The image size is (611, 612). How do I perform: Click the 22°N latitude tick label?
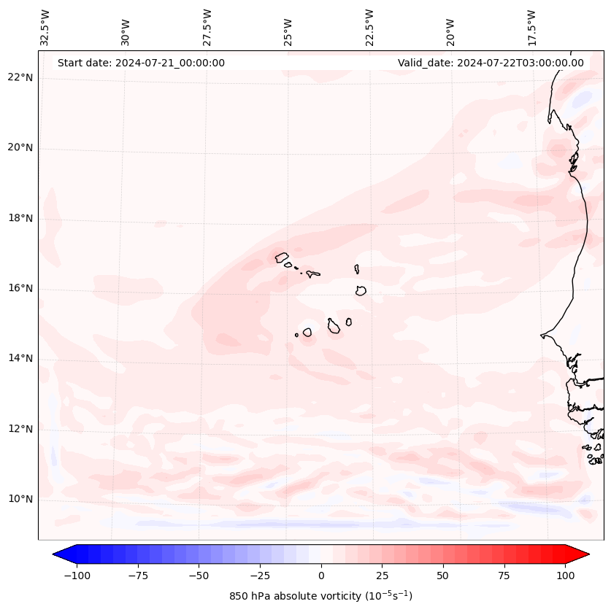pyautogui.click(x=20, y=78)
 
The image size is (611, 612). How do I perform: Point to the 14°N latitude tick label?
pyautogui.click(x=20, y=358)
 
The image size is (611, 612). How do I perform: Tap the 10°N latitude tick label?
pyautogui.click(x=20, y=499)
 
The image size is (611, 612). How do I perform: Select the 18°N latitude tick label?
pyautogui.click(x=20, y=218)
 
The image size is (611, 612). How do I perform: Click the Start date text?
pyautogui.click(x=141, y=63)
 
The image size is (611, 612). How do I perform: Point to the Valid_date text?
pyautogui.click(x=491, y=63)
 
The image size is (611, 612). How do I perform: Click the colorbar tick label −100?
pyautogui.click(x=77, y=576)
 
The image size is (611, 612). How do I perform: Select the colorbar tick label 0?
pyautogui.click(x=321, y=576)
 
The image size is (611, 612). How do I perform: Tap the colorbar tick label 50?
pyautogui.click(x=443, y=576)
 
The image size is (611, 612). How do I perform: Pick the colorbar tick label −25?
pyautogui.click(x=260, y=576)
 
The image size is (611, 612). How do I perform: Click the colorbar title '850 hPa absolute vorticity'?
pyautogui.click(x=320, y=596)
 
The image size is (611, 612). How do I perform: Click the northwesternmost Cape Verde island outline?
pyautogui.click(x=282, y=257)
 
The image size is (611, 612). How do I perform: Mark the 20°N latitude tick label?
pyautogui.click(x=20, y=148)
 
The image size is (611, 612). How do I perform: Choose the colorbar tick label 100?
pyautogui.click(x=565, y=576)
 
